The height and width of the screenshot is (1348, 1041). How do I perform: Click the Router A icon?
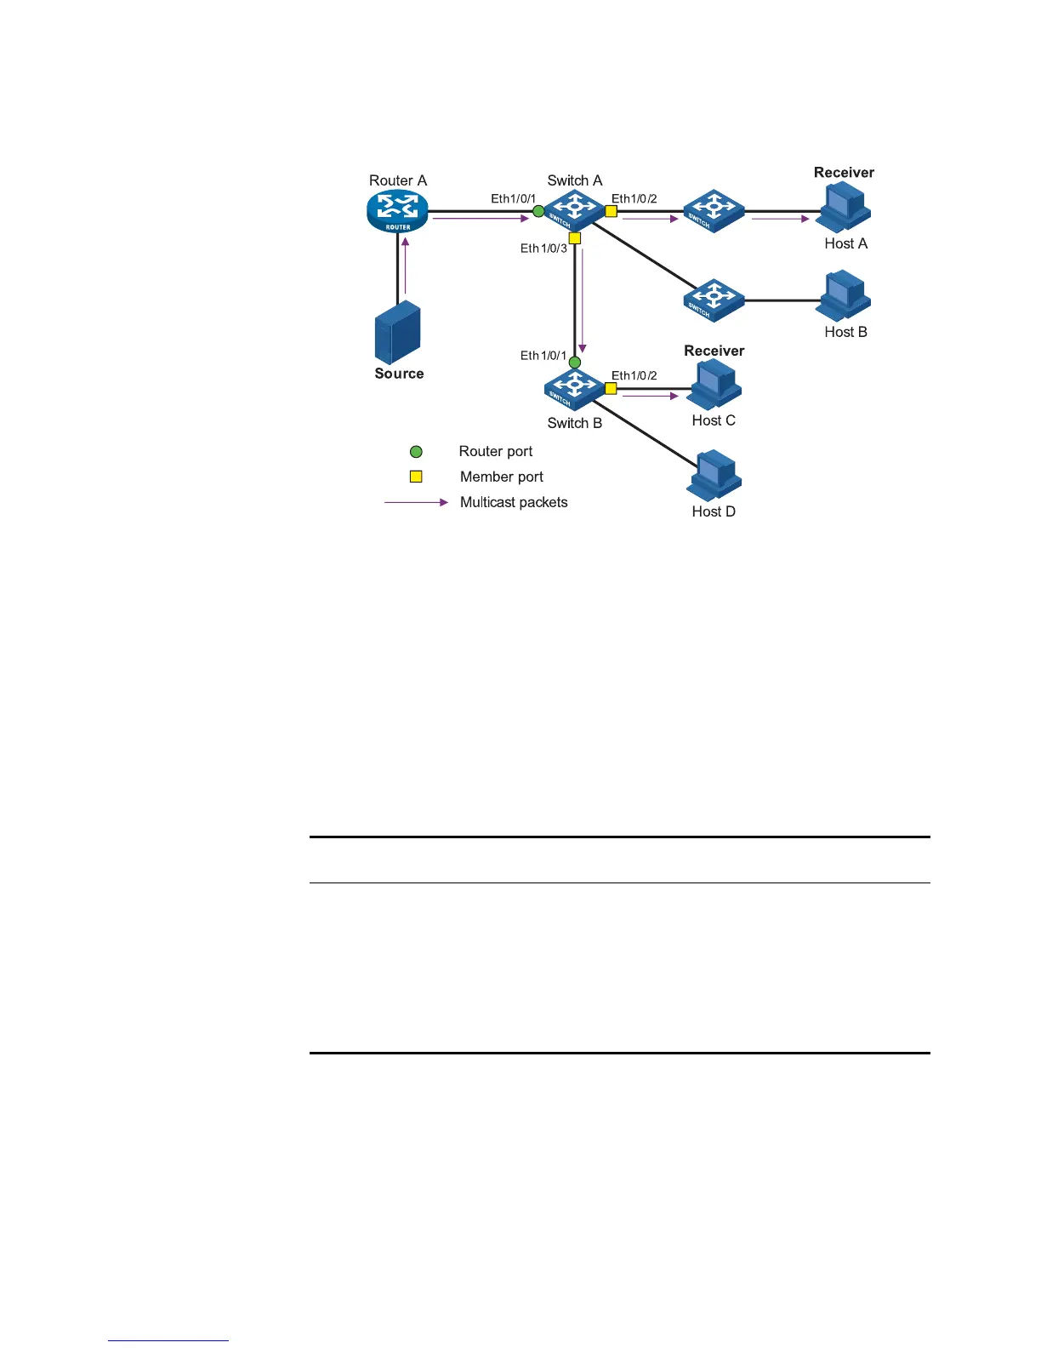397,210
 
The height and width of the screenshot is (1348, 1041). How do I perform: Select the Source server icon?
398,332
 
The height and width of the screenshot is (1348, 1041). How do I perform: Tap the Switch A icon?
574,210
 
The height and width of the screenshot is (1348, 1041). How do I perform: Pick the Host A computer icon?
843,209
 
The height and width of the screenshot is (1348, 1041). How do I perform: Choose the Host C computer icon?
714,386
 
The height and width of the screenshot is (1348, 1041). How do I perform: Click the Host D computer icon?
714,476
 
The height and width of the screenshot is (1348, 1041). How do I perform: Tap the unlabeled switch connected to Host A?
714,210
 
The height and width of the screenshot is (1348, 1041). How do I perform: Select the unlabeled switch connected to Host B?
714,300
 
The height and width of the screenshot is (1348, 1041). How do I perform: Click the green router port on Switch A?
538,211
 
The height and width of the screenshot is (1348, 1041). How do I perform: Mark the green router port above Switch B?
575,363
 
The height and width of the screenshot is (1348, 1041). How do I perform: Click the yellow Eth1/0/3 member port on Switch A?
575,238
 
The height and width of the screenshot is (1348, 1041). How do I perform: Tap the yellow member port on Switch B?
611,389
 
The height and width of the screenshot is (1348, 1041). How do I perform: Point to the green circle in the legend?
416,452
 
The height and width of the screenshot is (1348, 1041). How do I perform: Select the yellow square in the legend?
416,477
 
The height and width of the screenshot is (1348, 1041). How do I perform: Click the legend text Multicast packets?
514,502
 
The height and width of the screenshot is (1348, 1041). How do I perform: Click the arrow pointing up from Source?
406,265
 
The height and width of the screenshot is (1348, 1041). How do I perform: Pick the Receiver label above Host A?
844,173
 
